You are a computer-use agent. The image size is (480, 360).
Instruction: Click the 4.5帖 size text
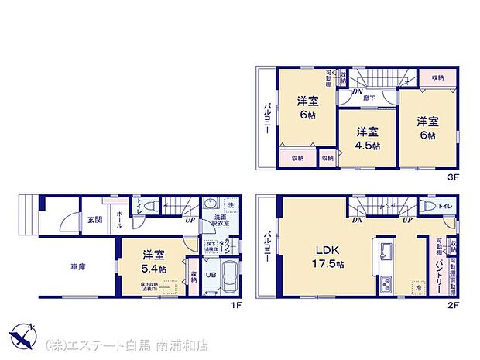point(368,146)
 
